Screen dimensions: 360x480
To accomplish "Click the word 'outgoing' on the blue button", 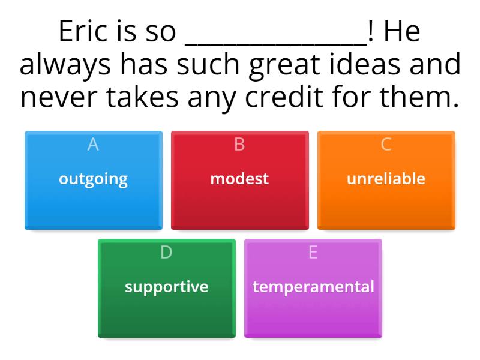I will tap(93, 179).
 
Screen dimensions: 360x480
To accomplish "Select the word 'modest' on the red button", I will tap(239, 179).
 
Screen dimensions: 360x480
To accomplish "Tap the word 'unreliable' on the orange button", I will tap(386, 179).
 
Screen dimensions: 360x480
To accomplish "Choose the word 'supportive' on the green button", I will tap(166, 287).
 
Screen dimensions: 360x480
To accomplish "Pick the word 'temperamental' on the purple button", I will tap(313, 287).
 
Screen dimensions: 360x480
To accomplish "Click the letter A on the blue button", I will tap(93, 145).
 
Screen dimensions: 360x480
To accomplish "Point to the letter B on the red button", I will tap(239, 145).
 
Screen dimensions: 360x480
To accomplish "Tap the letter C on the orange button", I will tap(386, 145).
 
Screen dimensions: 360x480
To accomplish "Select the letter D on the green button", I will tap(166, 253).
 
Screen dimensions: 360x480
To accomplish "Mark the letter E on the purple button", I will tap(313, 253).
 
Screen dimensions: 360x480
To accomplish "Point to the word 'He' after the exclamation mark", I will tap(402, 32).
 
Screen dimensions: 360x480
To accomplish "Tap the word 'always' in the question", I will tap(65, 65).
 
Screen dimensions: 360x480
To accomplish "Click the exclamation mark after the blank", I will tap(371, 32).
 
